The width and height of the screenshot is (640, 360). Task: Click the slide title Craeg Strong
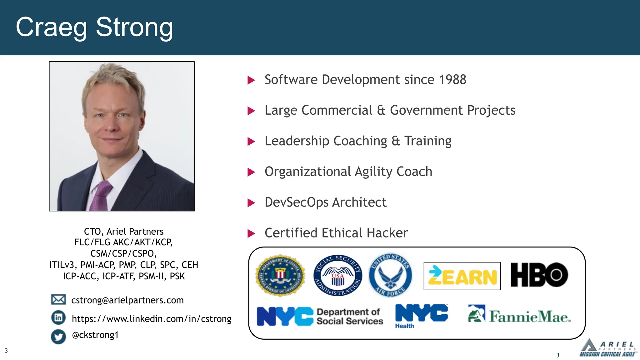[94, 27]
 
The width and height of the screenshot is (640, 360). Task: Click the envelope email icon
[58, 300]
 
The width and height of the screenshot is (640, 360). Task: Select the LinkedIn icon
[58, 318]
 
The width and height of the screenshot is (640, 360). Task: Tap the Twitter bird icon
[58, 337]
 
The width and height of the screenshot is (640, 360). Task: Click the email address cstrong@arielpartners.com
[127, 300]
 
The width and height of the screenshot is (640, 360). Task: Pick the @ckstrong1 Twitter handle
[95, 335]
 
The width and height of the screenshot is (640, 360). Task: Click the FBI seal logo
[280, 275]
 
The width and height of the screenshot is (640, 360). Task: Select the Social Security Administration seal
[338, 275]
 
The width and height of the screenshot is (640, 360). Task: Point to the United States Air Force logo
[390, 275]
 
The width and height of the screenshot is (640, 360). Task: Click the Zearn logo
[462, 276]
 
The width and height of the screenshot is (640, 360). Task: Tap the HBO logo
[539, 275]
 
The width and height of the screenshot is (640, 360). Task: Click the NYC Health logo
[421, 316]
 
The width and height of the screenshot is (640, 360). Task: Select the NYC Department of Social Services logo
[320, 316]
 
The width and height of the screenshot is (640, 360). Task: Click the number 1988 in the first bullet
[452, 80]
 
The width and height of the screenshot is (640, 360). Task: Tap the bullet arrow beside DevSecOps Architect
[251, 203]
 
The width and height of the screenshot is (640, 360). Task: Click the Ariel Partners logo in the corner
[607, 348]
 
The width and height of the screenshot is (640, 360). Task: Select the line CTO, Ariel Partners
[124, 232]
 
